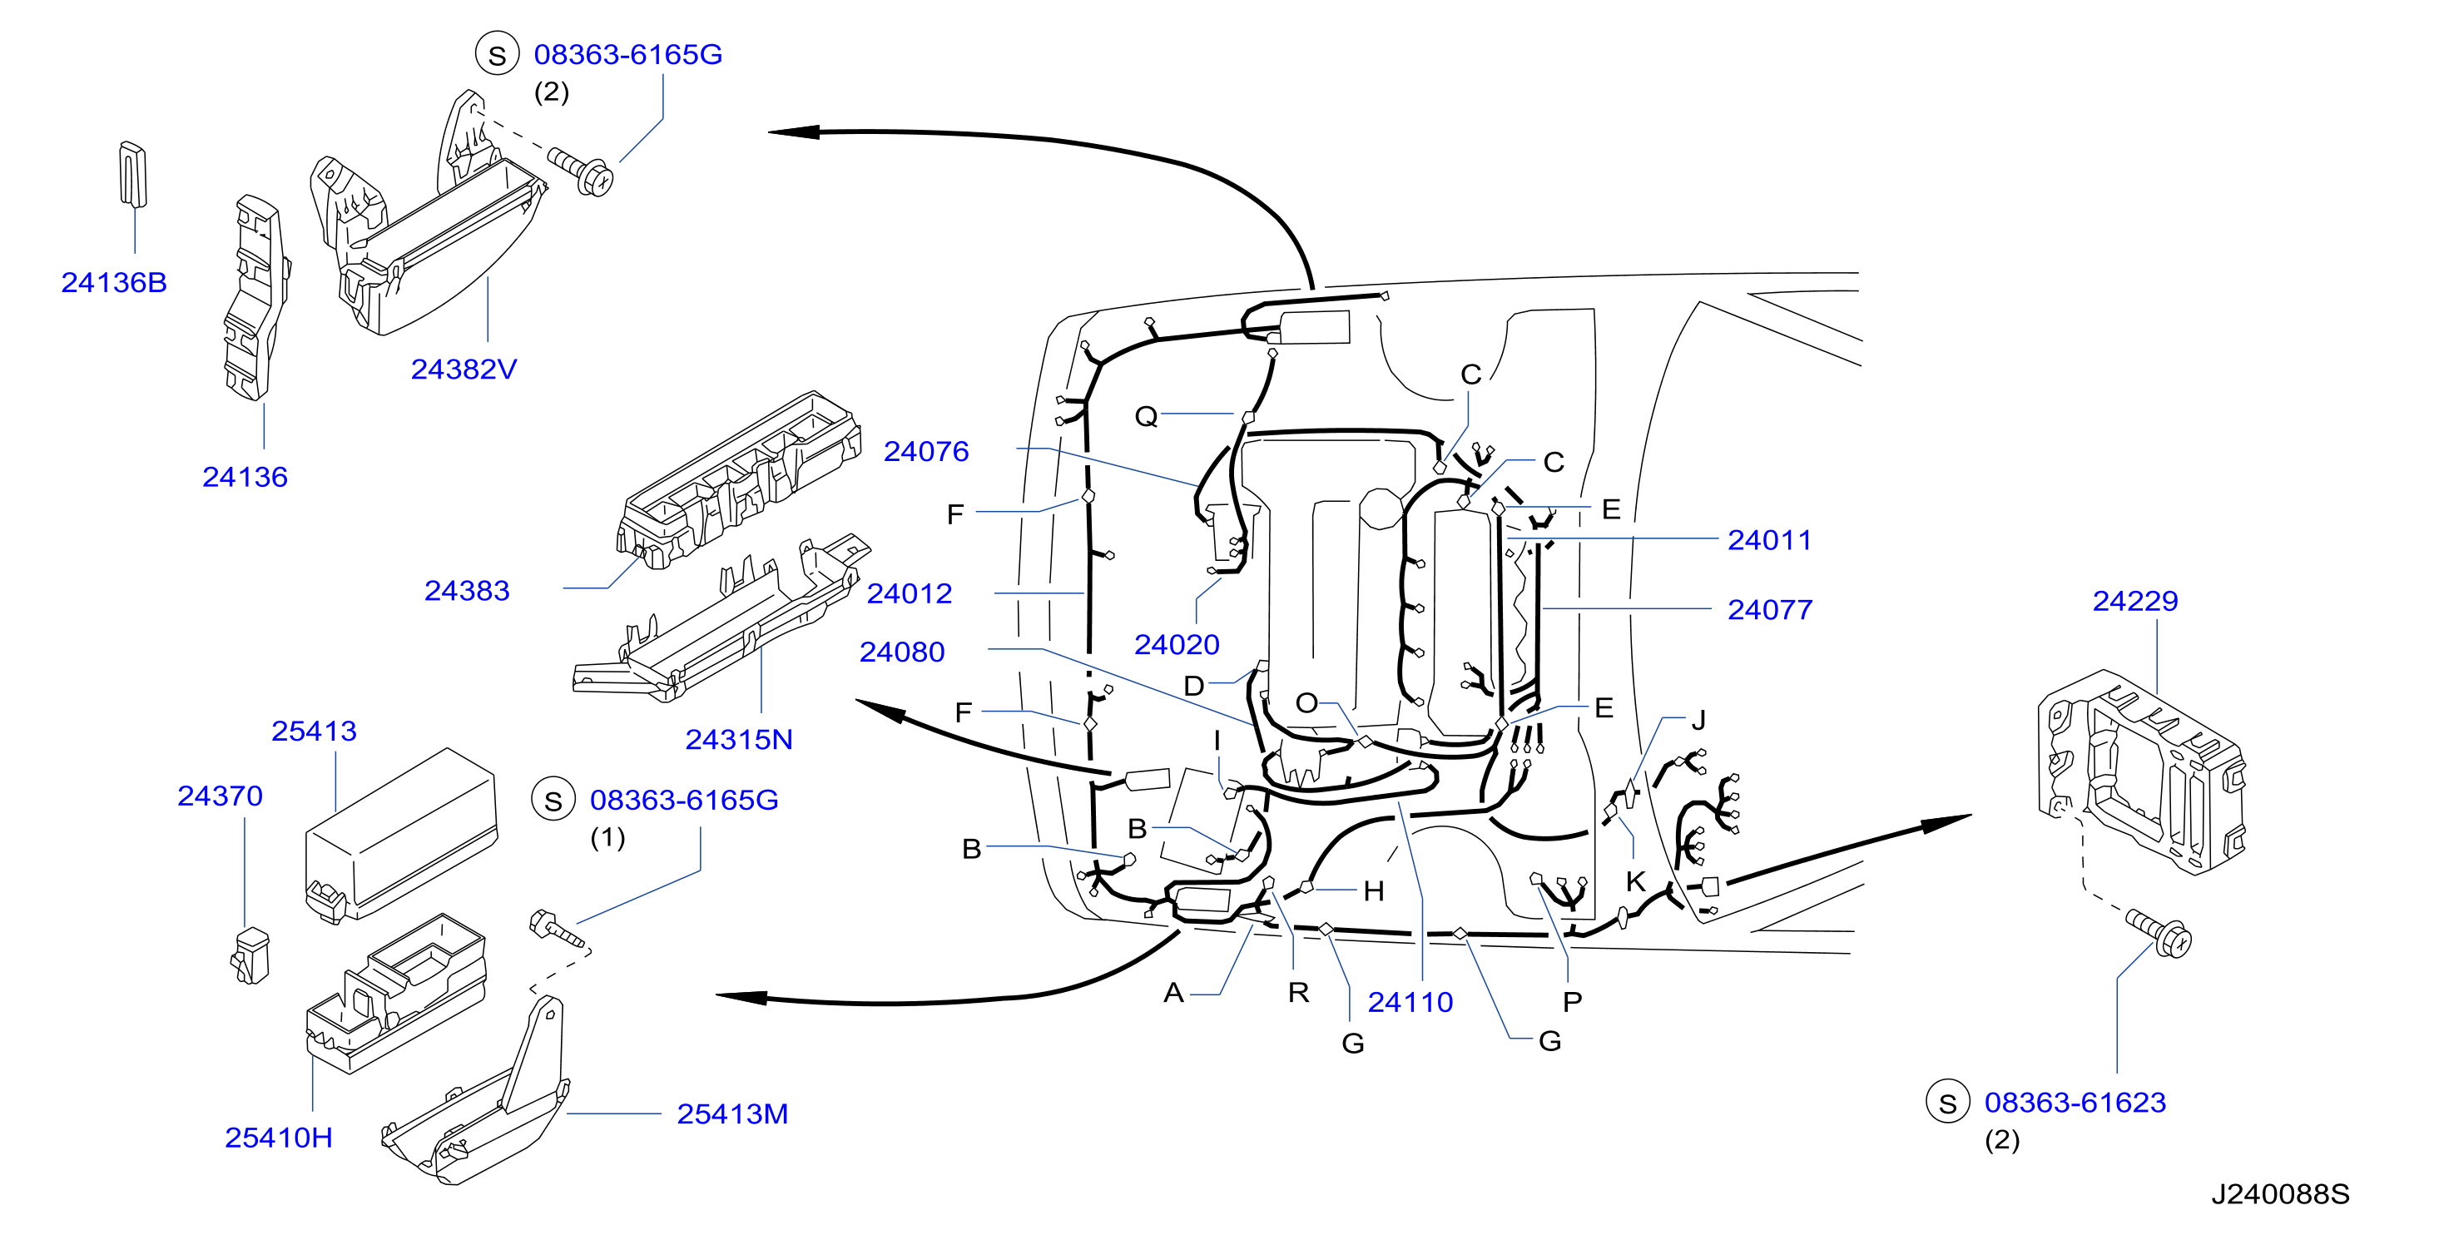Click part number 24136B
click(114, 283)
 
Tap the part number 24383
click(467, 591)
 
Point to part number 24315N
click(739, 740)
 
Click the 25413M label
click(732, 1113)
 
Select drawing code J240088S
click(2281, 1194)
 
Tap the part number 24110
click(1410, 1002)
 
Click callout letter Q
click(1146, 416)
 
